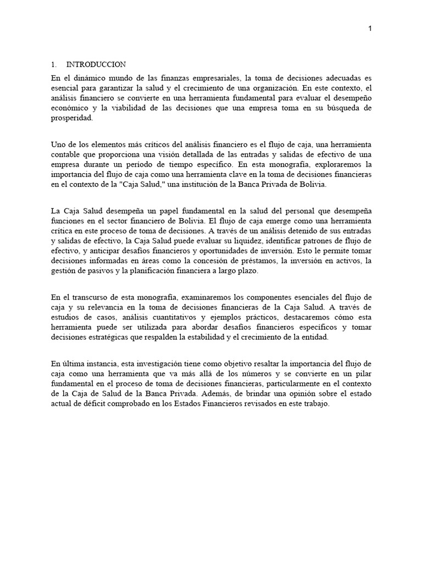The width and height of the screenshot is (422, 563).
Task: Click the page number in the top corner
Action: tap(370, 29)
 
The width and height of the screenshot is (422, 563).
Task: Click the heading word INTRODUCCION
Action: tap(96, 64)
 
